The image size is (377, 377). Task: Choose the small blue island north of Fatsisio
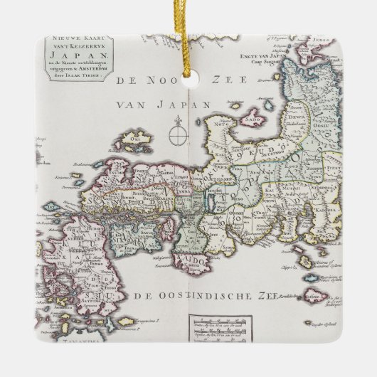pyautogui.click(x=306, y=262)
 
